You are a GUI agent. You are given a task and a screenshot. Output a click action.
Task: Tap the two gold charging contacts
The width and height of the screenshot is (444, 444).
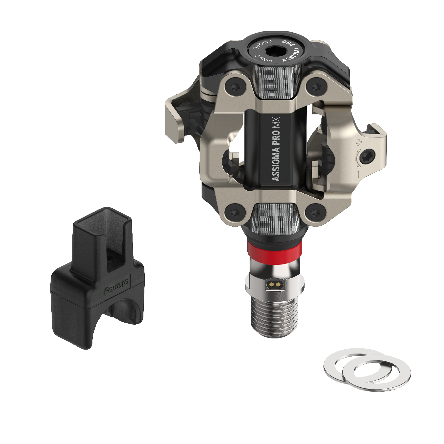point(275,284)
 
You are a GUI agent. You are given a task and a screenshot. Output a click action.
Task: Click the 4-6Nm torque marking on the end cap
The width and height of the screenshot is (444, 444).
point(263,59)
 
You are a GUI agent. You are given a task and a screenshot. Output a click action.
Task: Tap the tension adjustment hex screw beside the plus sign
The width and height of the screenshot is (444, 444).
point(367,156)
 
